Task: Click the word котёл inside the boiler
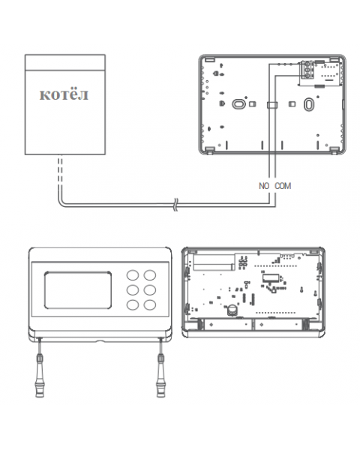(64, 94)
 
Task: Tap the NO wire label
(264, 186)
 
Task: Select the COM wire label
(283, 186)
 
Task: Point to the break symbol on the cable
(175, 205)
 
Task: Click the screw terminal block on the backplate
(307, 70)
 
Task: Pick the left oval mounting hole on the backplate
(238, 103)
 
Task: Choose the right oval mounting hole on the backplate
(308, 104)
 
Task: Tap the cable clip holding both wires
(272, 105)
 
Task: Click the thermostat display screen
(78, 289)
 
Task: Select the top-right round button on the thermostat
(150, 275)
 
